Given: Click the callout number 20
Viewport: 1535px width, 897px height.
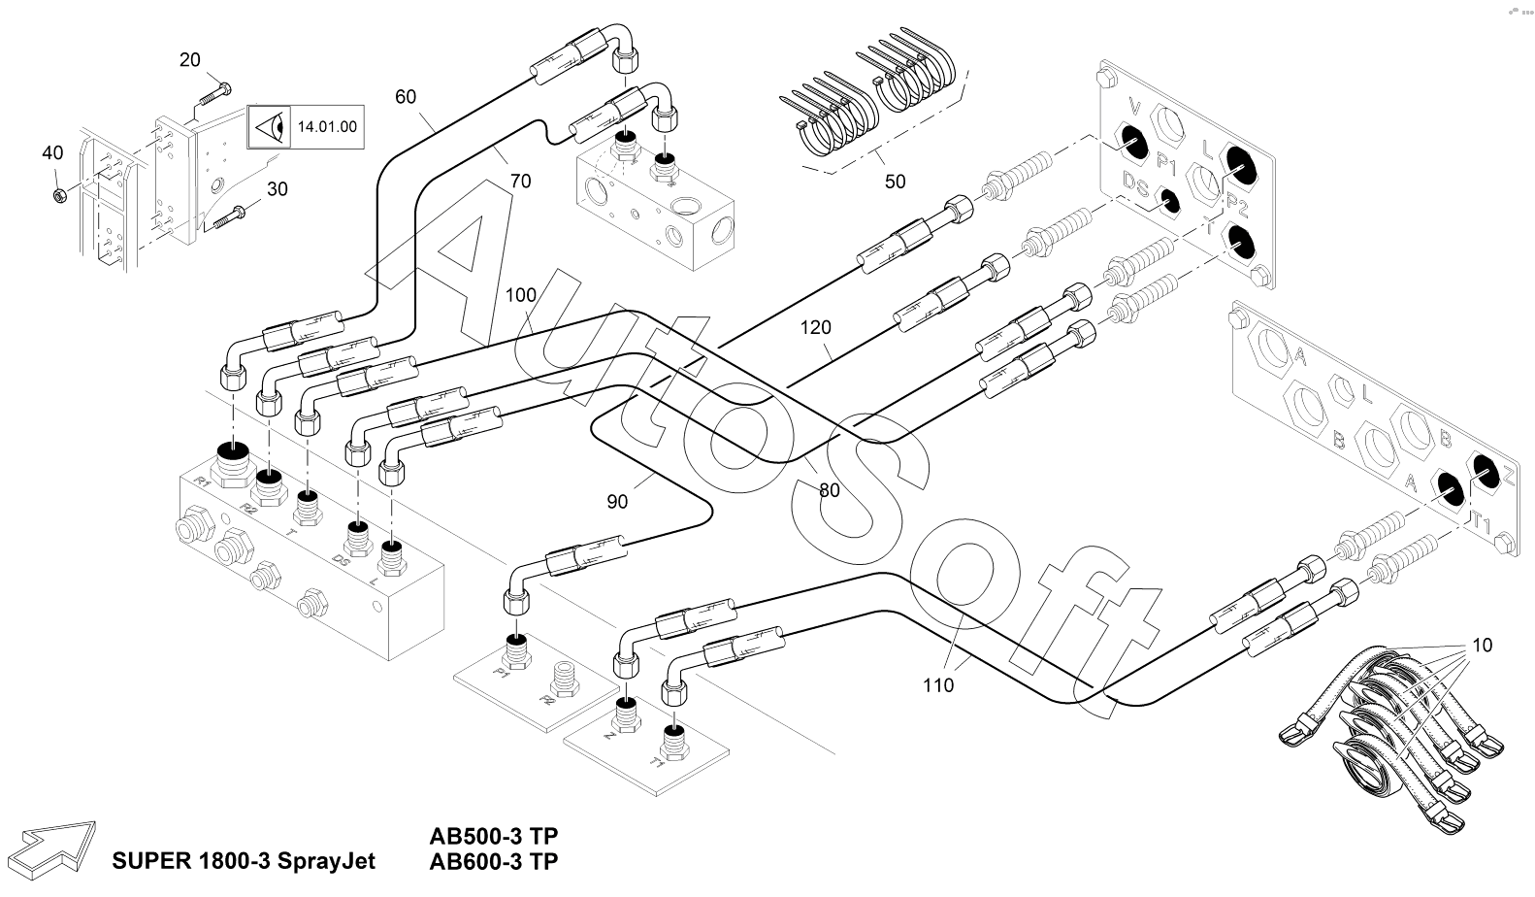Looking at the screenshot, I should (189, 60).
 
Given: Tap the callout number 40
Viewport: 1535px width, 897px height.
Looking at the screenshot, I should (52, 152).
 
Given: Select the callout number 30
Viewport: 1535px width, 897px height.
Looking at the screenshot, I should (278, 189).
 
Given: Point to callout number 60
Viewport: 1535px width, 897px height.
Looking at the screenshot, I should (406, 96).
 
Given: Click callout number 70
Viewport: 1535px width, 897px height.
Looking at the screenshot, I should (520, 181).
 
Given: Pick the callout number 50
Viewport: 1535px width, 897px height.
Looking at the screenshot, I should (895, 182).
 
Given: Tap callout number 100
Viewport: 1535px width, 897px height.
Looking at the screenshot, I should (520, 294).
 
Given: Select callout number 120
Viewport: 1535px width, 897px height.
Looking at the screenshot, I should (815, 328).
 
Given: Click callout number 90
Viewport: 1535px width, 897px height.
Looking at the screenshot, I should (617, 502).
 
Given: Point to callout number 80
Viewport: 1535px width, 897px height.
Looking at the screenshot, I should (829, 491).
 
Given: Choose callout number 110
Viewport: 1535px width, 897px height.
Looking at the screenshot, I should (938, 685).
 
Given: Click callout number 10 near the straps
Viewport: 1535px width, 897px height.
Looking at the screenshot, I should (1482, 646).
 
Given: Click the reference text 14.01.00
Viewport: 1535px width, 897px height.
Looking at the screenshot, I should (327, 127).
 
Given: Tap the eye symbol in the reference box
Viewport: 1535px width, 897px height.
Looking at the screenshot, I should (271, 127).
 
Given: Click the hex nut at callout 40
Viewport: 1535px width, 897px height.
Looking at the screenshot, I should (58, 195).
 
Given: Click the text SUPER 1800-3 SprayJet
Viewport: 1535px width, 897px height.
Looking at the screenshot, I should (244, 861).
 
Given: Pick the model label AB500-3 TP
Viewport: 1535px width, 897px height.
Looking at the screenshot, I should (494, 836).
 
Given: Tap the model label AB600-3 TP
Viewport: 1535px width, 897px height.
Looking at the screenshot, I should (494, 861).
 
